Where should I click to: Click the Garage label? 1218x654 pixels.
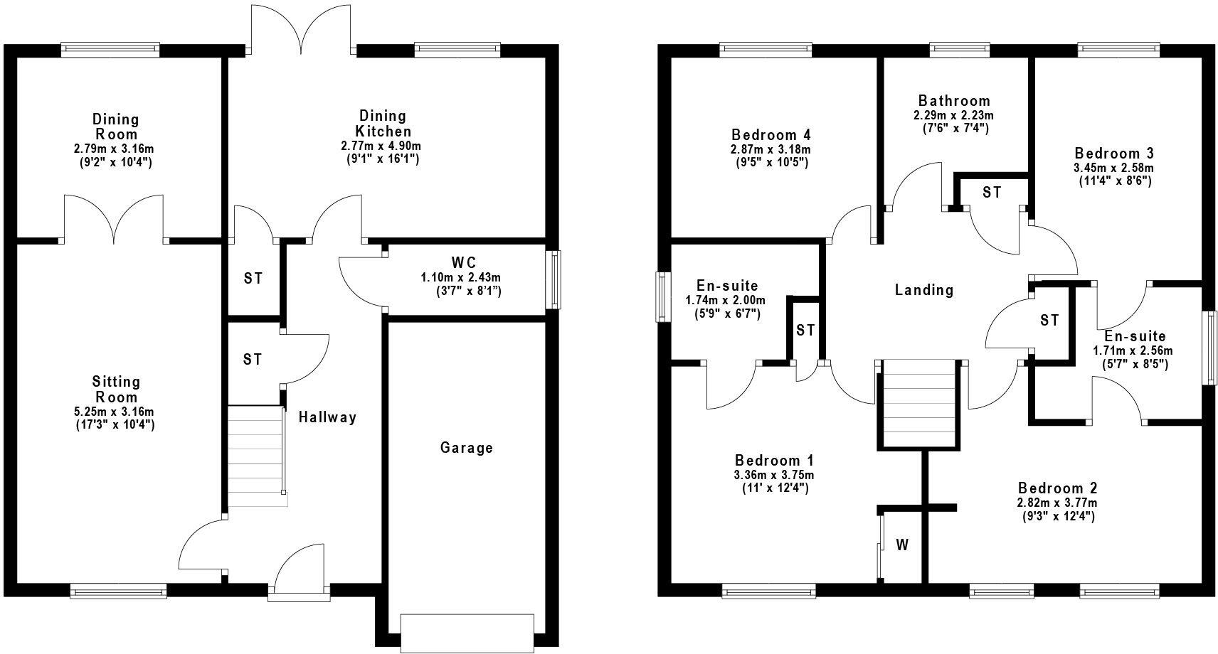coord(466,448)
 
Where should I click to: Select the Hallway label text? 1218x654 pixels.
coord(327,417)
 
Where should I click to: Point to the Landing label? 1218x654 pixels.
coord(923,290)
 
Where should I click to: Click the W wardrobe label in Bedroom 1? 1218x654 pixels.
coord(902,545)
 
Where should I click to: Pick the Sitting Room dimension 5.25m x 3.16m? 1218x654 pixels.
coord(115,412)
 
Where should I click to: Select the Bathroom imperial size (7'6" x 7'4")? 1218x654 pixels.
coord(953,129)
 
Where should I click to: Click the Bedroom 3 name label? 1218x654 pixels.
coord(1114,154)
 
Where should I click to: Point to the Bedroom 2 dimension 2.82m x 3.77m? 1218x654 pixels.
coord(1057,503)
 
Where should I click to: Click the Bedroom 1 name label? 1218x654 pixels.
coord(774,460)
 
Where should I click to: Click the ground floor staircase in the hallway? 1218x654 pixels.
coord(256,456)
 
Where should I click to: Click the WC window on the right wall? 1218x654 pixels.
coord(553,279)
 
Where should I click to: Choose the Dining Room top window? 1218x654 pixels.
coord(110,49)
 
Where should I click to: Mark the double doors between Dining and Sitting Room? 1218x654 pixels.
coord(115,220)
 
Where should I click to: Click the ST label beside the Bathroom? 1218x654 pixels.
coord(992,193)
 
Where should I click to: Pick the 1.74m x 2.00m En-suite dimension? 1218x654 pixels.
coord(726,300)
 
